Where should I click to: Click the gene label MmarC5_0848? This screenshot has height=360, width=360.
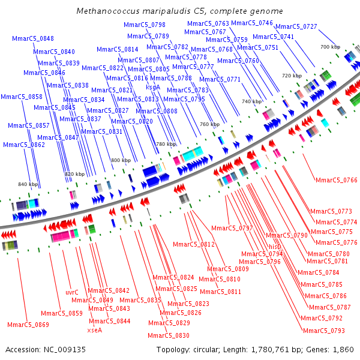(x=33, y=39)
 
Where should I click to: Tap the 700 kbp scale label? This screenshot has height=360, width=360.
(x=330, y=47)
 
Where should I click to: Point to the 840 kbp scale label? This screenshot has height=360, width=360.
(x=28, y=184)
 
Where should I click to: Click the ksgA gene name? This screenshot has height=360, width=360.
(x=153, y=86)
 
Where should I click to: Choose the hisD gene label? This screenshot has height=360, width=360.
(x=275, y=247)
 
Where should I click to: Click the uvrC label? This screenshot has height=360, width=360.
(x=72, y=292)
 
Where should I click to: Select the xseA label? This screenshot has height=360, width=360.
(x=95, y=329)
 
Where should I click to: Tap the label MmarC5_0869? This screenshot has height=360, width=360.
(x=28, y=325)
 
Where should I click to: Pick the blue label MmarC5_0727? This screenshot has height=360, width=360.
(x=297, y=27)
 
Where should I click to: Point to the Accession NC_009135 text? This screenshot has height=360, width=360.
(x=46, y=349)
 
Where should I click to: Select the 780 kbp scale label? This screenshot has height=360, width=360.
(x=166, y=145)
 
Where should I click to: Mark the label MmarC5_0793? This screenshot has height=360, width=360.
(x=323, y=331)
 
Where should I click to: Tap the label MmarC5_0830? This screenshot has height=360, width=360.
(x=169, y=335)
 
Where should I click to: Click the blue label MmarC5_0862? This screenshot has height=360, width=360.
(x=24, y=145)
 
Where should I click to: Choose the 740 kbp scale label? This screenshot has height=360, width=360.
(x=252, y=102)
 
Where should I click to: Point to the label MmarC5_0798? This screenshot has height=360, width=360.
(x=145, y=25)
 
